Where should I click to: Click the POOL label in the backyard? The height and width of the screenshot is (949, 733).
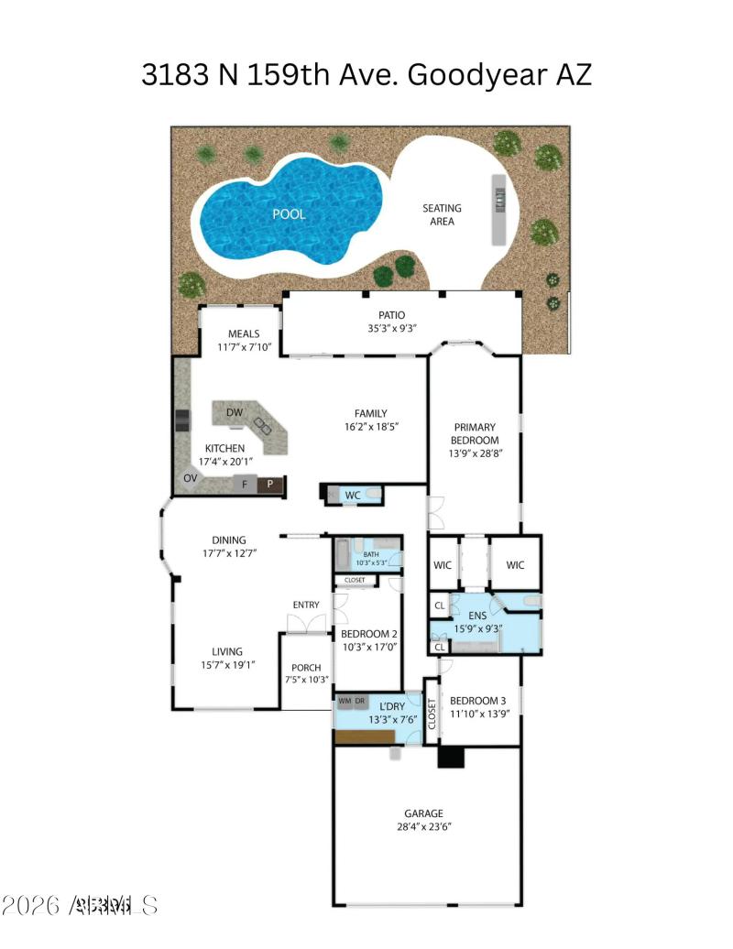tap(288, 214)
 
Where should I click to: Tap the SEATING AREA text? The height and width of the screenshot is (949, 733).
tap(442, 214)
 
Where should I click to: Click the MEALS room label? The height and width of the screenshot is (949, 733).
tap(244, 334)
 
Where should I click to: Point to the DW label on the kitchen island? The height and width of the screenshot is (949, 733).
tap(235, 412)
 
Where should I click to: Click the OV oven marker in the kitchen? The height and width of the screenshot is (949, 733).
tap(191, 478)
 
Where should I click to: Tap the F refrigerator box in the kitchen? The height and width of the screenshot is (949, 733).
tap(244, 485)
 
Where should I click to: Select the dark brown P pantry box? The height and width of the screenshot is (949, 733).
tap(269, 485)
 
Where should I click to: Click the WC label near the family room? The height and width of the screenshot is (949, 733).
tap(353, 496)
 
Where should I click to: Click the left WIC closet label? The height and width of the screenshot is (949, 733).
tap(443, 565)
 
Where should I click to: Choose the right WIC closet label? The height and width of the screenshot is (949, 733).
tap(515, 565)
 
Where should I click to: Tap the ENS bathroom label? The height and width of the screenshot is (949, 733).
tap(476, 616)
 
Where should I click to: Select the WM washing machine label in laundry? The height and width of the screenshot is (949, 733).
tap(345, 701)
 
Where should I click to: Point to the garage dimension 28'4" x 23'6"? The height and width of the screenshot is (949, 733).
tap(423, 826)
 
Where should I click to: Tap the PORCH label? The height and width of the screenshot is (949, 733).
tap(305, 668)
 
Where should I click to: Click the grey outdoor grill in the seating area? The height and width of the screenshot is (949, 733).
tap(498, 209)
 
